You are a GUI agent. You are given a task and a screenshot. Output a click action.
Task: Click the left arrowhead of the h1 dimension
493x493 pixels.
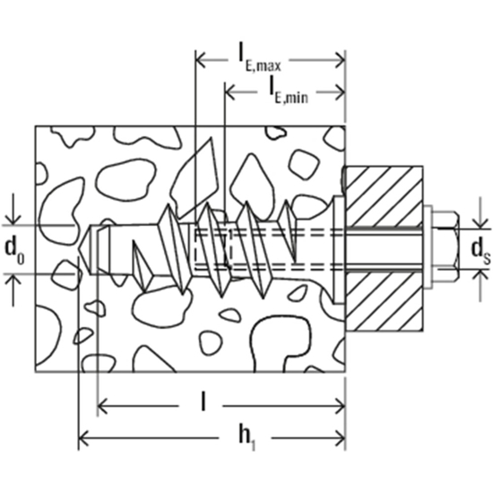[86, 438]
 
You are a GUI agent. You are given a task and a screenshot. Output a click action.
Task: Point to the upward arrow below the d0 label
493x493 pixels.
[13, 279]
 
